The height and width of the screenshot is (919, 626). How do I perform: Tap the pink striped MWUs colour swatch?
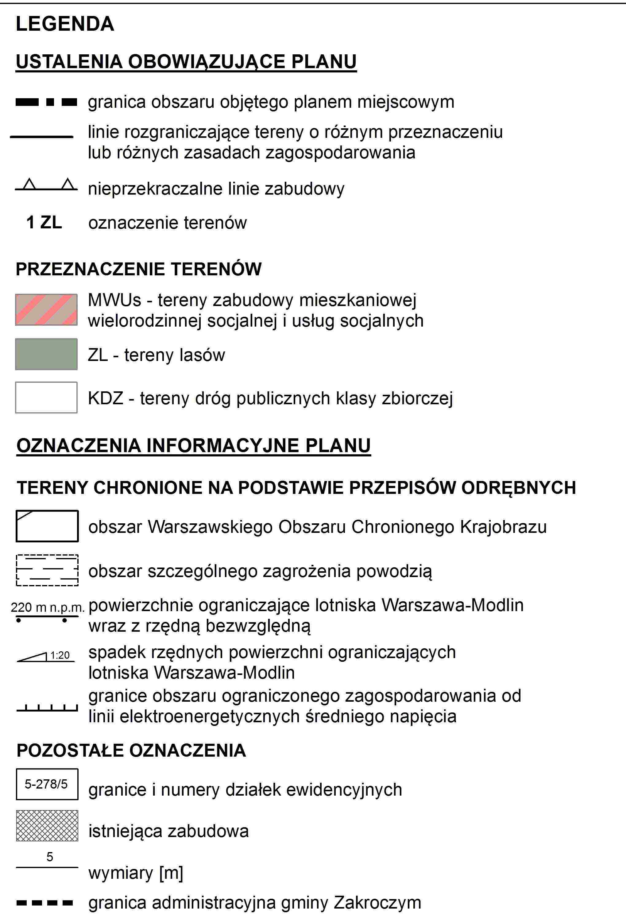46,310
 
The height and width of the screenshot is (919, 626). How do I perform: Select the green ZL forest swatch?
46,354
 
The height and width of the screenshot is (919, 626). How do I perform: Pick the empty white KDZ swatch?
46,397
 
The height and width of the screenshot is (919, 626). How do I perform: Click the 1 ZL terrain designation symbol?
44,222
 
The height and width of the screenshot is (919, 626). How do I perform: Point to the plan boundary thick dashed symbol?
46,102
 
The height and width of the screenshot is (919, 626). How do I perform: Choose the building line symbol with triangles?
46,186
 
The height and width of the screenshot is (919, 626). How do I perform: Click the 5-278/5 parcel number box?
47,784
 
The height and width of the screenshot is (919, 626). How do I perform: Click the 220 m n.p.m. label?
48,607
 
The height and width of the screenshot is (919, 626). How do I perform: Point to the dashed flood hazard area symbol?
47,570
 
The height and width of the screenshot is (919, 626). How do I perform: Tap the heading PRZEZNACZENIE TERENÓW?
138,269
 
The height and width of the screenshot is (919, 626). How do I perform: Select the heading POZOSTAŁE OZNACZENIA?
131,750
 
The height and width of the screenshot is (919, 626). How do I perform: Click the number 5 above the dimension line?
49,857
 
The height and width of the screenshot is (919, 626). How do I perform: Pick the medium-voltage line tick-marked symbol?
47,708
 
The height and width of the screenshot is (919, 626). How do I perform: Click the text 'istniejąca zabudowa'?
168,831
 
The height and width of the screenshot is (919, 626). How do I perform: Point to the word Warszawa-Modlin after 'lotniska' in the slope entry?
224,673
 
